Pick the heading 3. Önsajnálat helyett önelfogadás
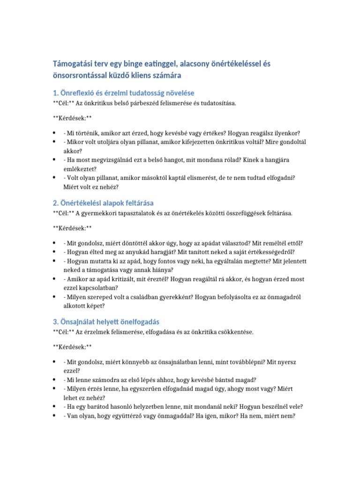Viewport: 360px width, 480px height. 105,322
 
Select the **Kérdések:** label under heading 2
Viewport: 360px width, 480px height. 72,228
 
